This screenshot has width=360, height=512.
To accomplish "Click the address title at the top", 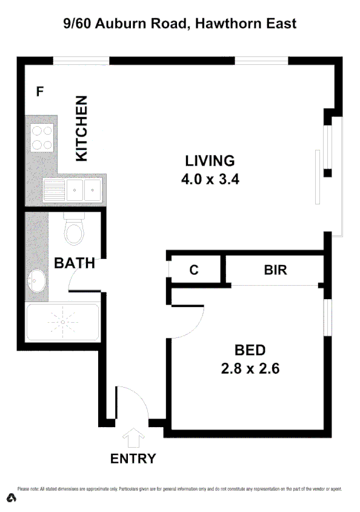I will [x=180, y=24].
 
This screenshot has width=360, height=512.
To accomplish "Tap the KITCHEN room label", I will [x=81, y=129].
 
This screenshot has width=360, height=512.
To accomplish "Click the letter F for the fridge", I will [x=40, y=92].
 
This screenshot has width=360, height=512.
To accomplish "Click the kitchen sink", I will [x=84, y=190].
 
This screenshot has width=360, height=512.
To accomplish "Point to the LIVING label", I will [x=209, y=161].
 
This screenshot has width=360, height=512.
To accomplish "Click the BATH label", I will [x=75, y=263].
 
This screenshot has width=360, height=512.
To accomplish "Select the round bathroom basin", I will [x=36, y=280].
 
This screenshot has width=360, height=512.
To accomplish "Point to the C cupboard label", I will [x=194, y=270].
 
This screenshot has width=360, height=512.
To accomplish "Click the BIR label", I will [x=275, y=270].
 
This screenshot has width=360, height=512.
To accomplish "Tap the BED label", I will [x=250, y=350].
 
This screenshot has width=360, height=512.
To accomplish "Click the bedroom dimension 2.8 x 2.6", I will [x=250, y=368].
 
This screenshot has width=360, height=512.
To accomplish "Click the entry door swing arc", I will [x=135, y=400].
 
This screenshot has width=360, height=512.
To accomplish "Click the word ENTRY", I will [x=133, y=459].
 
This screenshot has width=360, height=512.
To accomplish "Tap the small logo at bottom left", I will [x=12, y=498].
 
